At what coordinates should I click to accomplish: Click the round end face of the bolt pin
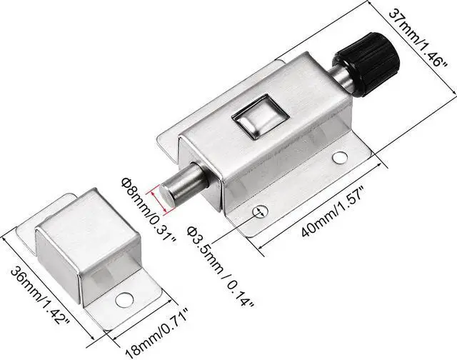pyautogui.click(x=164, y=195)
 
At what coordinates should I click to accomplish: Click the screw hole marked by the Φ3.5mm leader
pyautogui.click(x=260, y=211)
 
